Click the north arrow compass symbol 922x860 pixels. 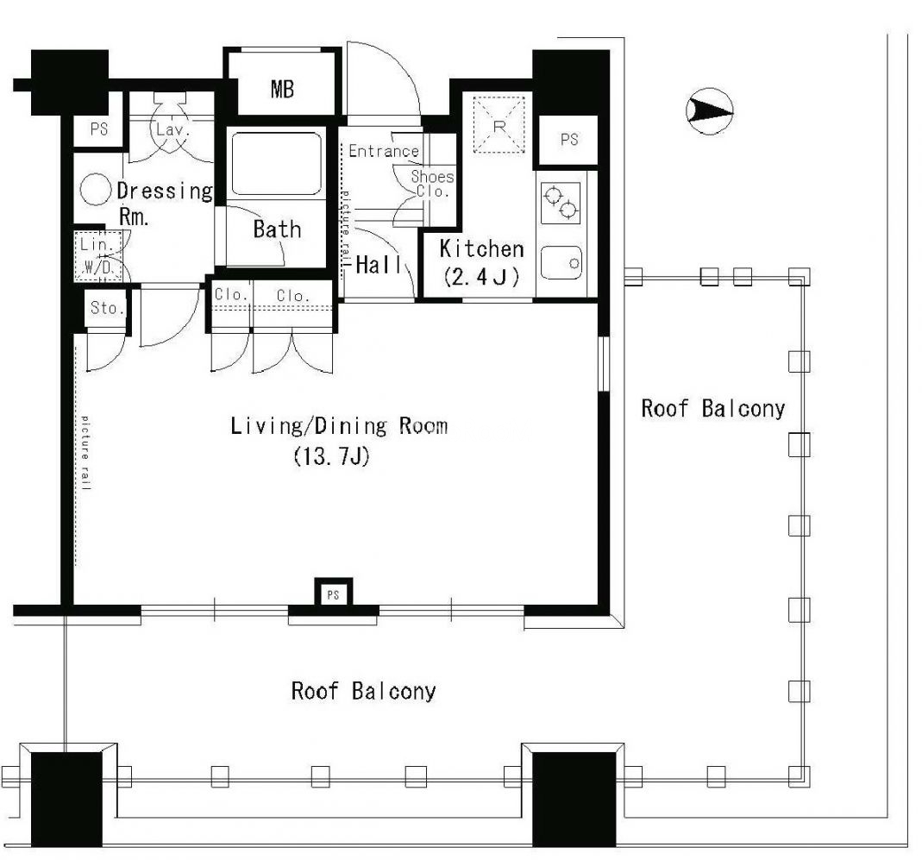(x=709, y=110)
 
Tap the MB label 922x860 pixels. (x=282, y=90)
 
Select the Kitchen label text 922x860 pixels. (x=481, y=248)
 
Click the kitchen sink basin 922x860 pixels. (x=561, y=262)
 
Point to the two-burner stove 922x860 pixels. (x=561, y=203)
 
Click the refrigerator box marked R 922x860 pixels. (x=499, y=124)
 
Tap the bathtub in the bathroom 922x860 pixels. (x=276, y=164)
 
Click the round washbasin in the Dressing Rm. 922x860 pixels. (x=95, y=190)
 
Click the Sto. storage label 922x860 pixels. (x=107, y=308)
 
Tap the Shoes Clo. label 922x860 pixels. (x=432, y=184)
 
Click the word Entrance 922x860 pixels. (x=384, y=151)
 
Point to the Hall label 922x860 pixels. (x=379, y=265)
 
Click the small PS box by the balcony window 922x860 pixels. (x=334, y=594)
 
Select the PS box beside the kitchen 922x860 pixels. (x=568, y=140)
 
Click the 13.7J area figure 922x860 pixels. (x=332, y=456)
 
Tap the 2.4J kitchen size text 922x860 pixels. (x=481, y=276)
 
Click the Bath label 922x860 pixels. (x=277, y=229)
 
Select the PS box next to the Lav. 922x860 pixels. (x=99, y=129)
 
